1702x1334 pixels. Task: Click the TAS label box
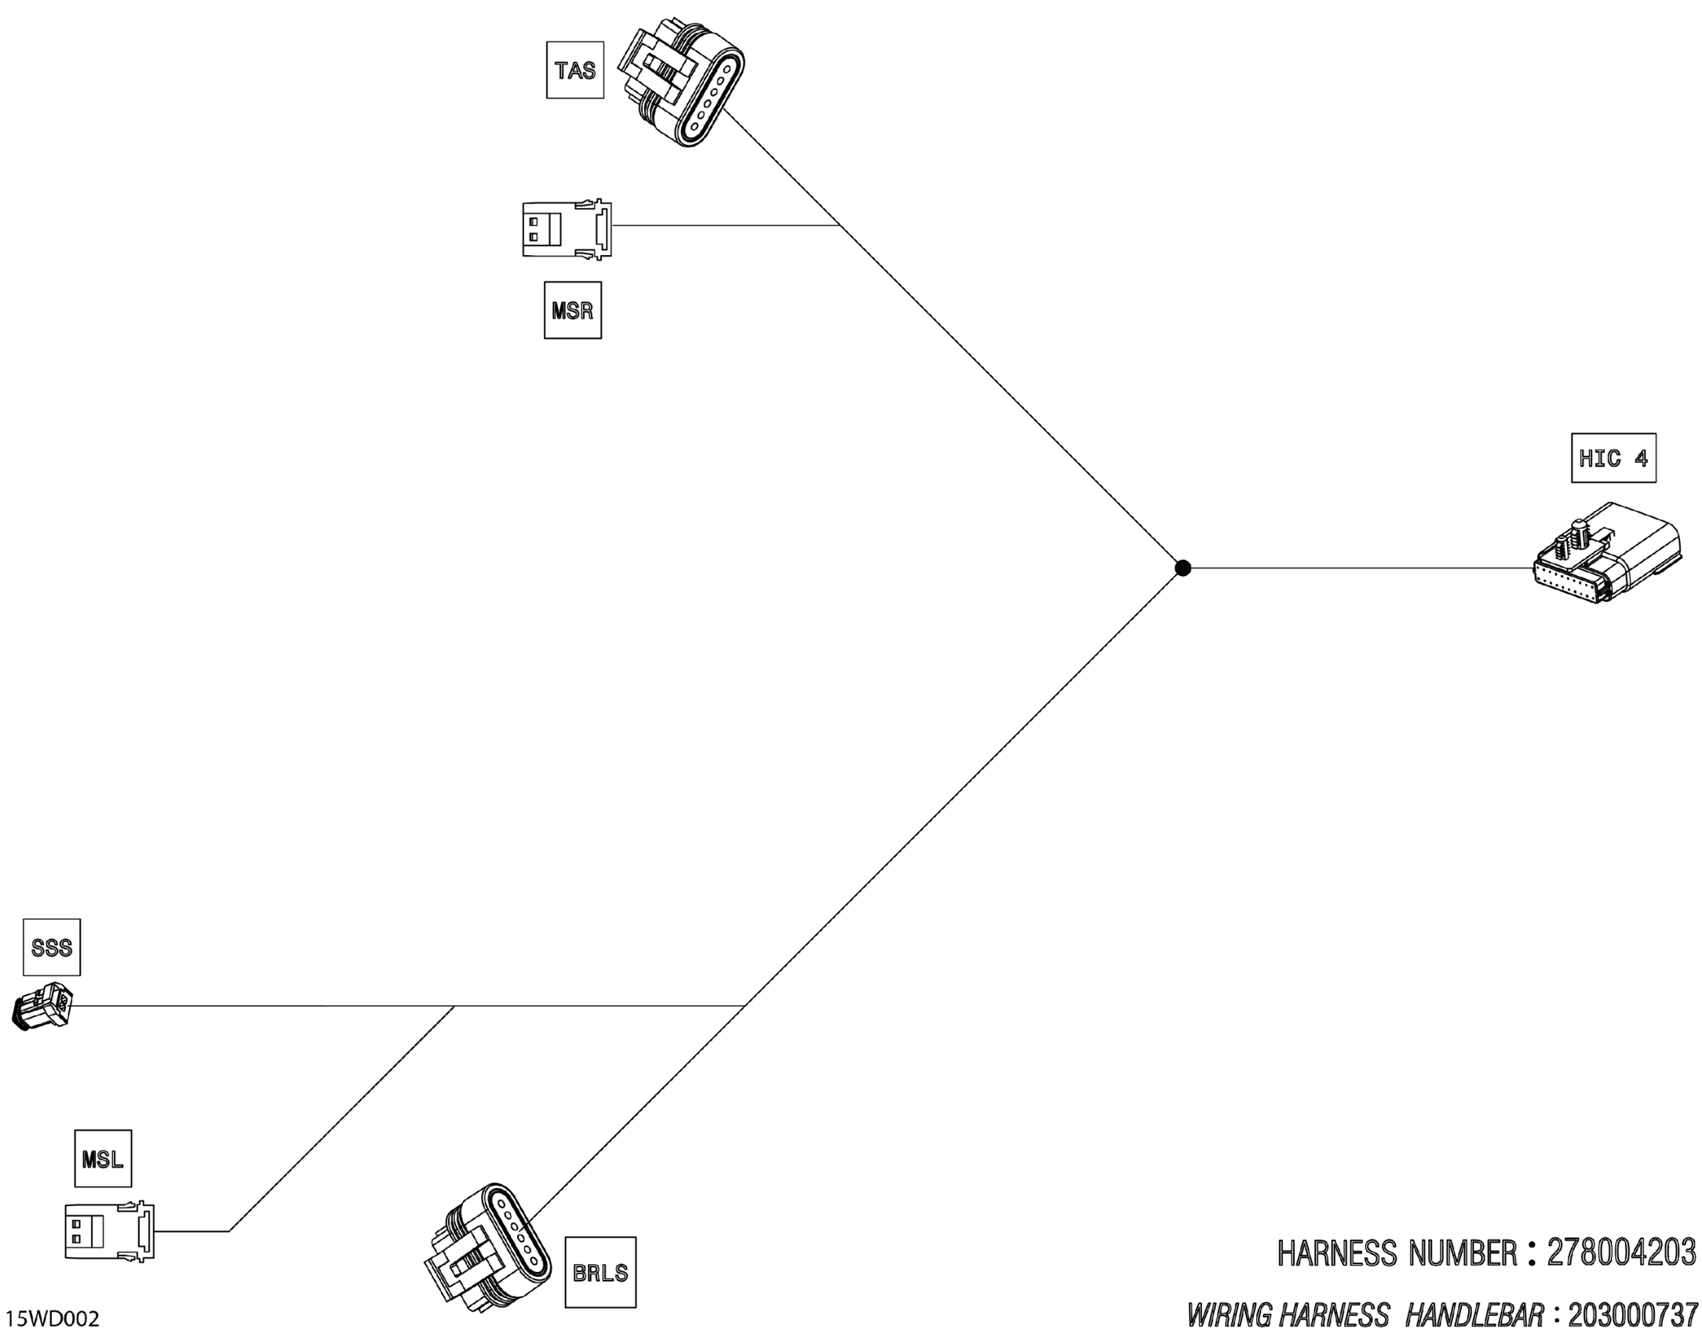point(575,71)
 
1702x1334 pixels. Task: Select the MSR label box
point(573,311)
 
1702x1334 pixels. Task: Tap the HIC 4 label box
point(1613,457)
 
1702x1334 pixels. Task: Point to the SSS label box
point(52,947)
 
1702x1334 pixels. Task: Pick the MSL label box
point(103,1158)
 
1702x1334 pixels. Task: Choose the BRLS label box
point(600,1272)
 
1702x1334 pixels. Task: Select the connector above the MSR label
point(567,228)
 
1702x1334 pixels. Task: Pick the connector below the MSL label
point(109,1231)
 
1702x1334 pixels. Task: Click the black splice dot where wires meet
point(1183,567)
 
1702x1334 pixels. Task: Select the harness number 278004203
point(1620,1253)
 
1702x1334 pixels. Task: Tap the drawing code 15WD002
point(53,1318)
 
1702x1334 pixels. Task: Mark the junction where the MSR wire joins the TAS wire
point(840,226)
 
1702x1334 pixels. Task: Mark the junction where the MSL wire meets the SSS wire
point(454,1006)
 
